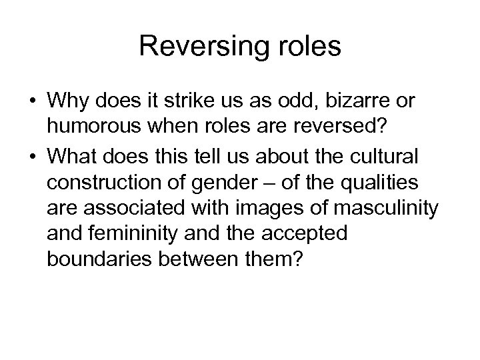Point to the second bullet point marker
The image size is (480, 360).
(33, 158)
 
